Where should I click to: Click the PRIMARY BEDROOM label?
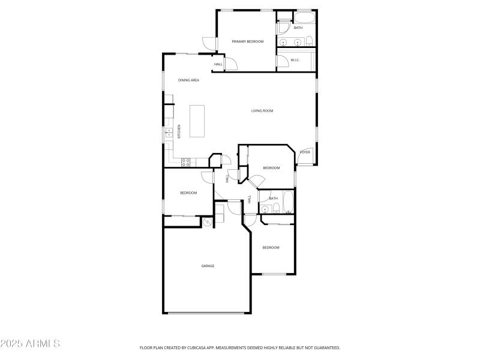248,41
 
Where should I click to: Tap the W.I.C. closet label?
295,60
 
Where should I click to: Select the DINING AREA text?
188,80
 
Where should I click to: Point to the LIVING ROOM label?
262,110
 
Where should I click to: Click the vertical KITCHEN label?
179,131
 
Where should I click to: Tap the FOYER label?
305,152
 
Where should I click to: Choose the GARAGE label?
208,266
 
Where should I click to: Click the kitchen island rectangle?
197,121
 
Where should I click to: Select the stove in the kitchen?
186,161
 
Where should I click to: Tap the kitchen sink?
169,134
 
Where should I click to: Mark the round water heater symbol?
208,222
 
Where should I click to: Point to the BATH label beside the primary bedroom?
298,28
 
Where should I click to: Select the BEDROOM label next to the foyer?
271,168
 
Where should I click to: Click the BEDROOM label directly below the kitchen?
188,193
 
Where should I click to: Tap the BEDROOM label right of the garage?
271,247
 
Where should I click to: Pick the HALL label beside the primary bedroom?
218,64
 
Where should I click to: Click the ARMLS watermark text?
30,344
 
